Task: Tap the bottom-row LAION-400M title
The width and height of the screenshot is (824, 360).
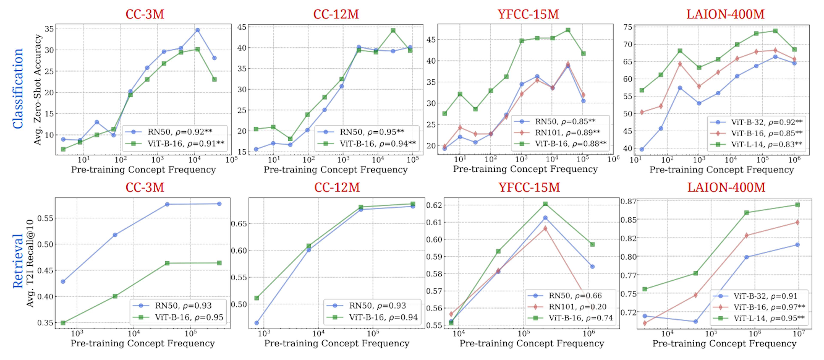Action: (x=726, y=187)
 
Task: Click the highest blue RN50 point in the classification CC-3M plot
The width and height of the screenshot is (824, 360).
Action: (x=197, y=30)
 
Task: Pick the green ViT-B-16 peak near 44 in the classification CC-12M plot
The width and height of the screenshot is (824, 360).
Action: (x=393, y=30)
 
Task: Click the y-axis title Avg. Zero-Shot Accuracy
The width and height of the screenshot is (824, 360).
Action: (x=38, y=90)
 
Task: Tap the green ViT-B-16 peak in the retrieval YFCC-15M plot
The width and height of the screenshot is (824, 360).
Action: (x=545, y=204)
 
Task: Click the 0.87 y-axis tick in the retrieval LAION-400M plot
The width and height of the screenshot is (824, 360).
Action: (x=628, y=201)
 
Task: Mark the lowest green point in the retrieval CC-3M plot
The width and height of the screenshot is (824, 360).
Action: (x=63, y=323)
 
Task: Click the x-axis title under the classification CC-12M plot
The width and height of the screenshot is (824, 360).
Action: (x=335, y=170)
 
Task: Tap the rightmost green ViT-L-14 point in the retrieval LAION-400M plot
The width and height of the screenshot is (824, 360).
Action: (x=797, y=205)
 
